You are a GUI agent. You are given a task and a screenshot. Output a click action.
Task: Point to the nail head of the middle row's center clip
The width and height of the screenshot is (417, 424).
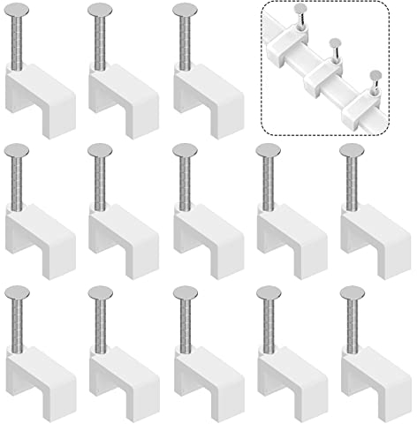tap(188, 152)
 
